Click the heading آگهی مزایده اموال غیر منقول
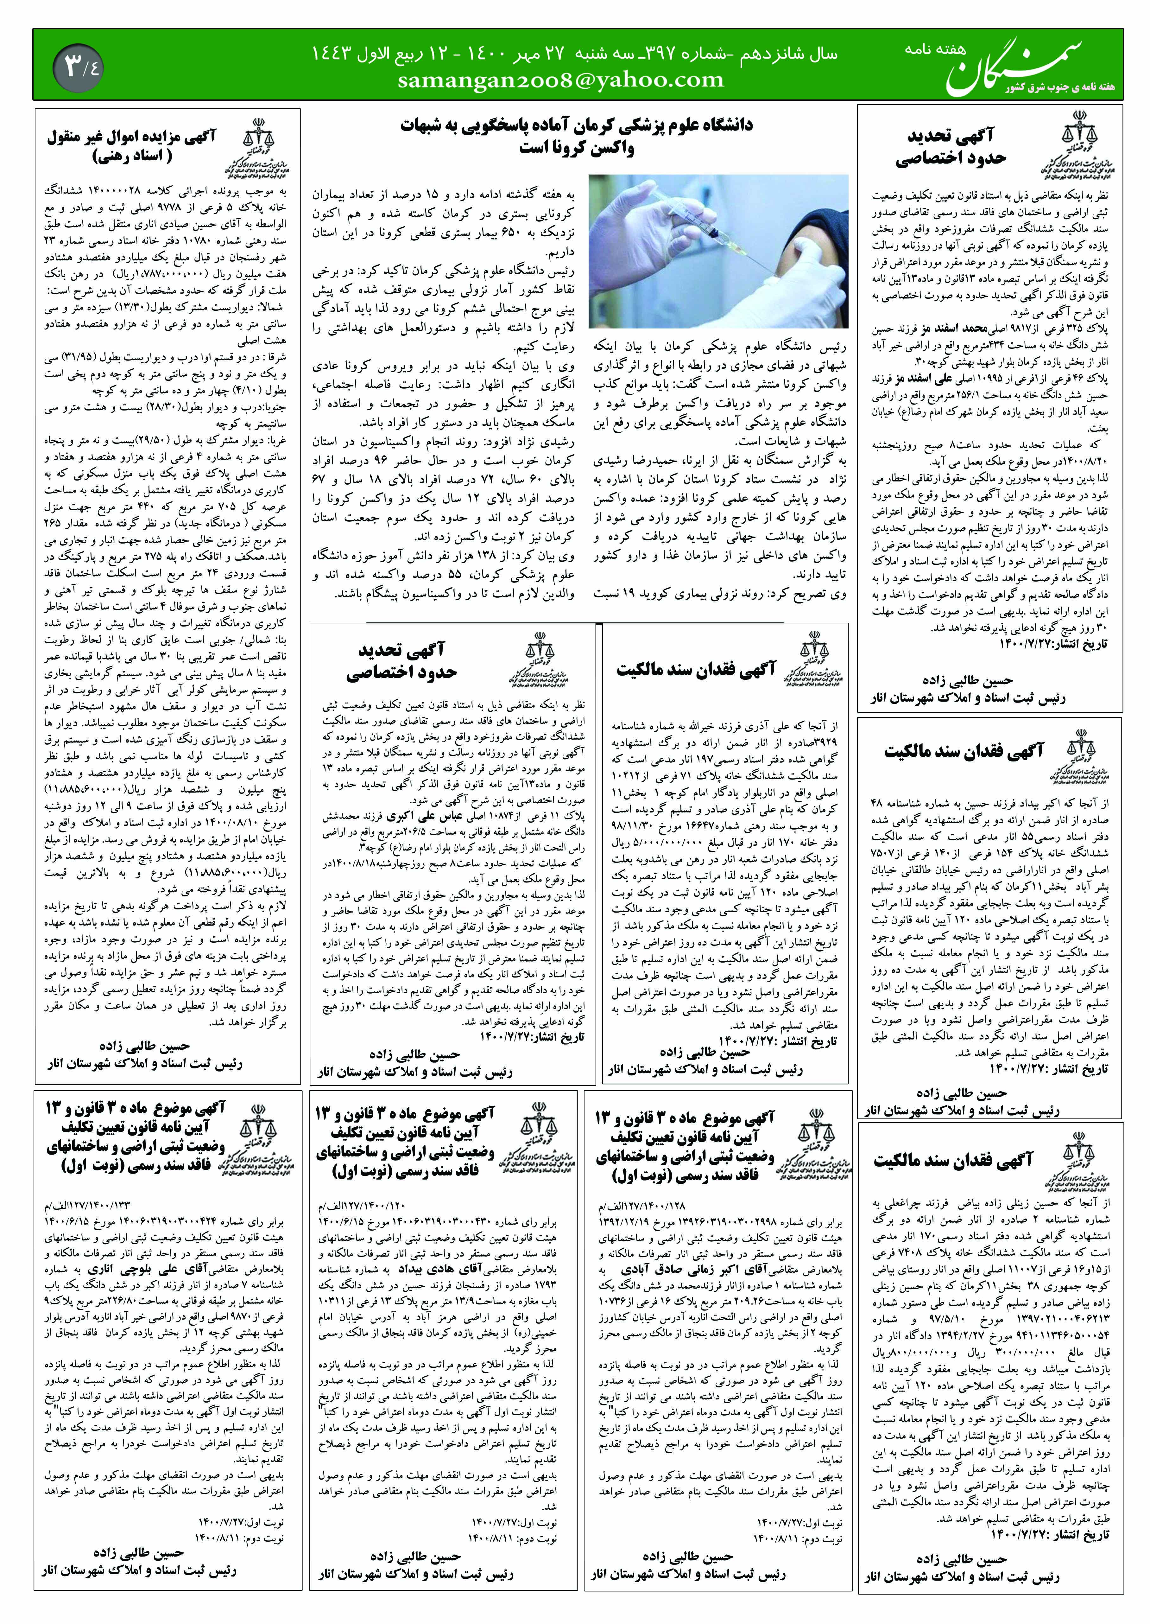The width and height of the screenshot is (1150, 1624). (x=132, y=137)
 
